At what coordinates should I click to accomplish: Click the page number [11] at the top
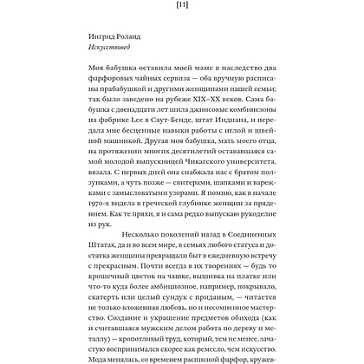(x=182, y=7)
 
